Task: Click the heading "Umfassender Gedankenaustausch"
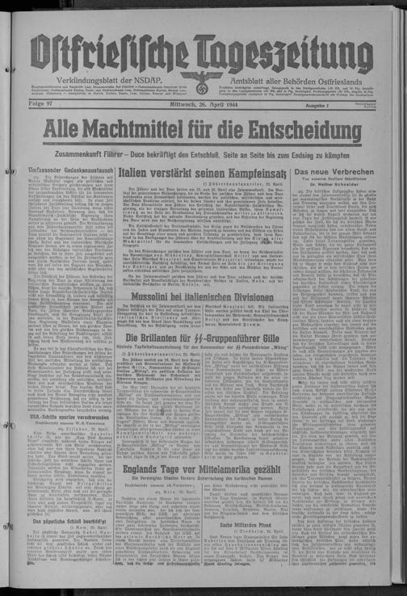click(72, 173)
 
